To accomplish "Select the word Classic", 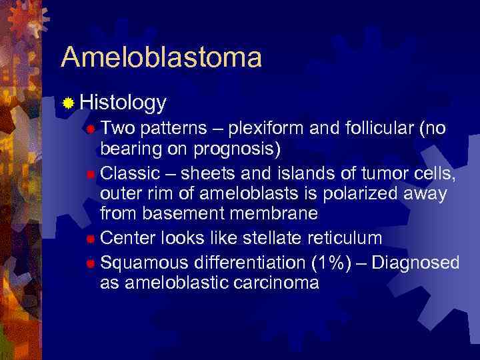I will click(x=130, y=173).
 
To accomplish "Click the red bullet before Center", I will click(x=91, y=238).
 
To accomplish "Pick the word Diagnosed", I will click(x=415, y=263).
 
